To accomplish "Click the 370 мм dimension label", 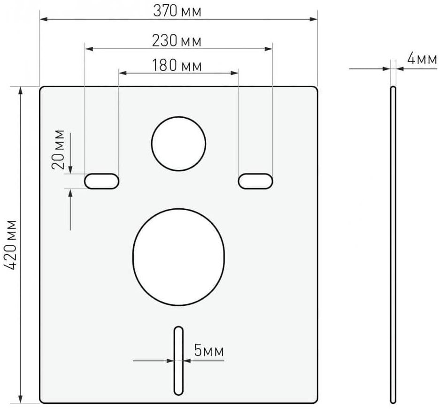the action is (x=177, y=11).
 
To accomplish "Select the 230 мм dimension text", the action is (x=177, y=41).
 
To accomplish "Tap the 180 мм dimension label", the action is (x=177, y=65).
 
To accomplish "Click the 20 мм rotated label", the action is (x=58, y=150).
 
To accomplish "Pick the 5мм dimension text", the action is (x=209, y=350).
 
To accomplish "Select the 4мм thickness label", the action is (x=422, y=59).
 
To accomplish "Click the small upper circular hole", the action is (x=178, y=144).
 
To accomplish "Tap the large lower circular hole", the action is (x=178, y=257).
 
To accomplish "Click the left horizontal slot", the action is (x=101, y=181).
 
